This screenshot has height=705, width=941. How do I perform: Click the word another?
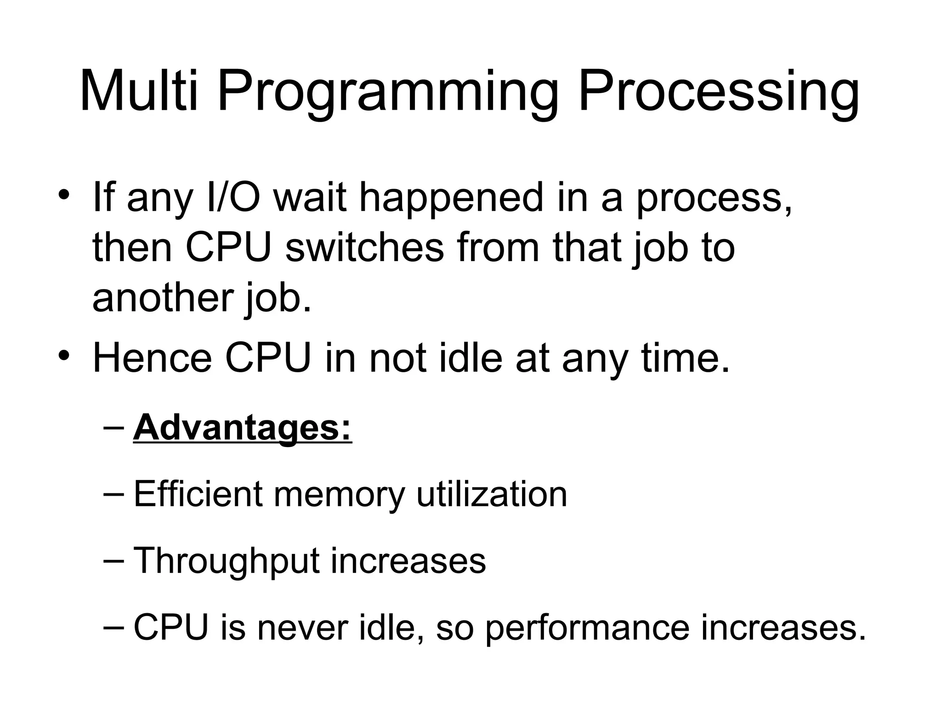click(161, 298)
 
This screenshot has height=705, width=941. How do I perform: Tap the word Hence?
click(152, 358)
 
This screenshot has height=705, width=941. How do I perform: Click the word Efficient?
click(198, 494)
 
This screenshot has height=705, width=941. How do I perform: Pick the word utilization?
click(492, 494)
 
